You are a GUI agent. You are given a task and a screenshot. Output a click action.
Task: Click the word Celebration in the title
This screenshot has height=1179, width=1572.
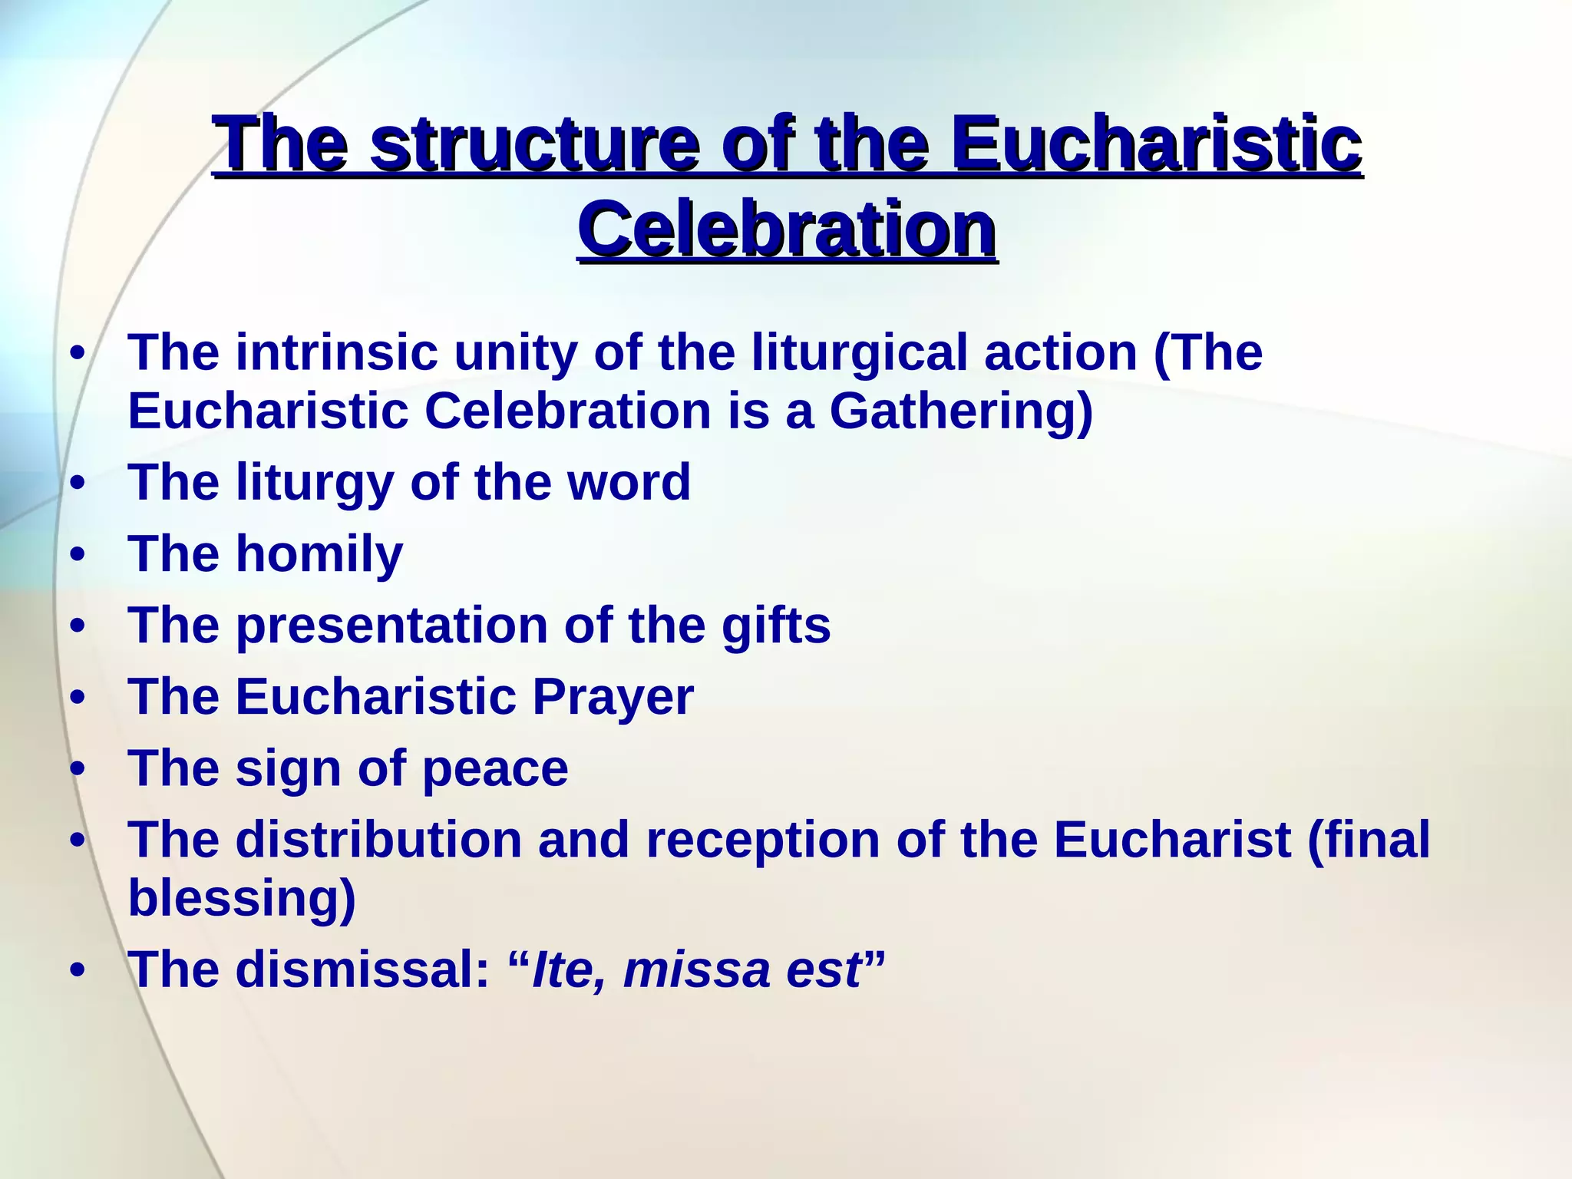tap(788, 230)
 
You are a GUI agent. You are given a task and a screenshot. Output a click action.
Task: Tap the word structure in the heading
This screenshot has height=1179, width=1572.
tap(534, 145)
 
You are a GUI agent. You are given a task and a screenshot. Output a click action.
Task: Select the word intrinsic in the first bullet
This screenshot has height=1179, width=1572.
tap(336, 352)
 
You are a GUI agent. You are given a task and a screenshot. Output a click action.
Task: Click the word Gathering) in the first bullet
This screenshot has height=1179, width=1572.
tap(961, 412)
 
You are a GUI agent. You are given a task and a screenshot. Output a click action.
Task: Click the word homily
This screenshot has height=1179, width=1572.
tap(319, 554)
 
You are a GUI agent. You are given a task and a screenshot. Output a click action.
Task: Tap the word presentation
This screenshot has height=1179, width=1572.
tap(391, 625)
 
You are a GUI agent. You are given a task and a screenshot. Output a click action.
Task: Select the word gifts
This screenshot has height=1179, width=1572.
tap(775, 625)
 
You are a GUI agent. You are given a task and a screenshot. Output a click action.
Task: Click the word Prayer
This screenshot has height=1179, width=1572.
tap(613, 697)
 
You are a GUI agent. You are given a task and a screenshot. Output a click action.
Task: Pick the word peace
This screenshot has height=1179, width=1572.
tap(495, 769)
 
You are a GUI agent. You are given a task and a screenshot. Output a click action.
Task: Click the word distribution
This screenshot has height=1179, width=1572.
tap(378, 840)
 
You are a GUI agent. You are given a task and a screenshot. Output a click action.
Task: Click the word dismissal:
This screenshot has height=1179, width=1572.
tap(362, 969)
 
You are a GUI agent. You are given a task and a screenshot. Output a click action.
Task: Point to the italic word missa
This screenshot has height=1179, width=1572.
tap(695, 970)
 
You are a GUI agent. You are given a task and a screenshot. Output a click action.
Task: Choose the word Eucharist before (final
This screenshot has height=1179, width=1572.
tap(1171, 840)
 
